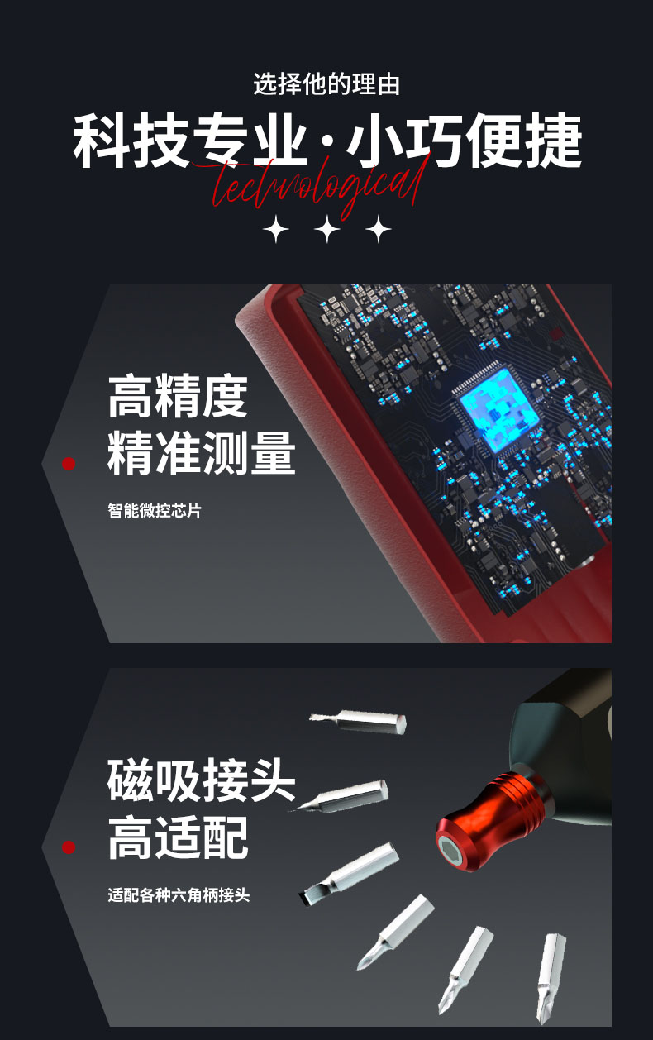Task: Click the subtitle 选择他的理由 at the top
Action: [x=326, y=84]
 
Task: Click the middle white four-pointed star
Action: [x=327, y=228]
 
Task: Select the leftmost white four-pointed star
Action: [x=276, y=228]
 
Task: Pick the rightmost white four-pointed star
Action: [x=379, y=228]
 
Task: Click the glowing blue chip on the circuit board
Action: [x=496, y=412]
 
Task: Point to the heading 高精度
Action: [x=178, y=396]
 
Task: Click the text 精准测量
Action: [x=201, y=452]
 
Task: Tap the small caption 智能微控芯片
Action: [x=155, y=511]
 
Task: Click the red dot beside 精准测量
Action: [x=69, y=464]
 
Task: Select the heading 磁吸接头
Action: [x=201, y=780]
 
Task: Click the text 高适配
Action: [x=178, y=837]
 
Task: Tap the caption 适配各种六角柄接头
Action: [x=179, y=894]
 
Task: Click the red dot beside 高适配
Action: [x=69, y=847]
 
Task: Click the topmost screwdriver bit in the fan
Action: [x=358, y=721]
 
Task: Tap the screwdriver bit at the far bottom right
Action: [x=551, y=979]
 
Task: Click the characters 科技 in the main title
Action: [x=131, y=141]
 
